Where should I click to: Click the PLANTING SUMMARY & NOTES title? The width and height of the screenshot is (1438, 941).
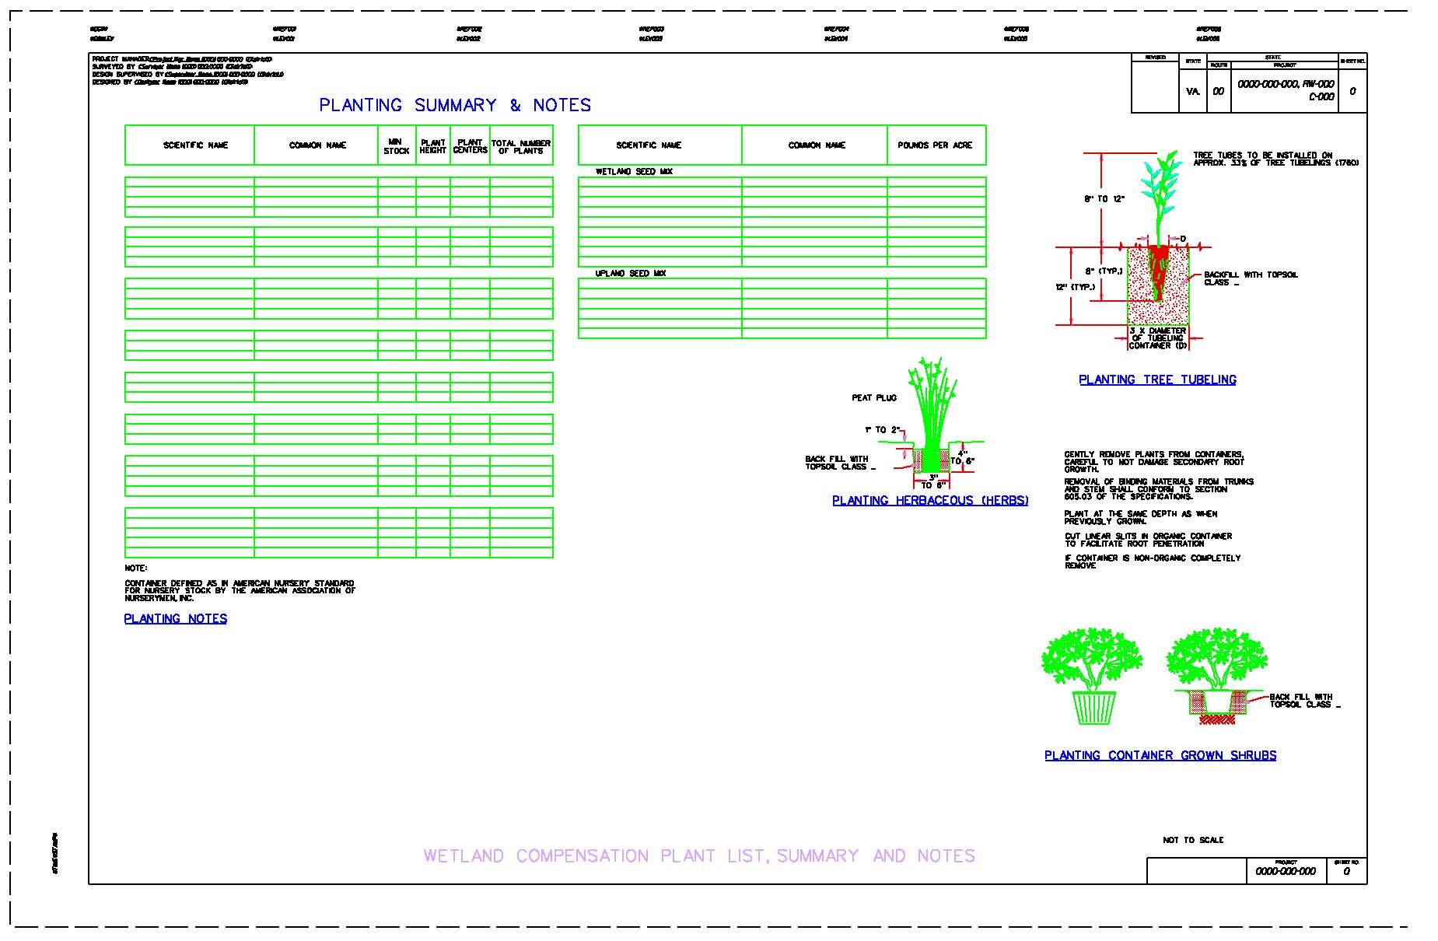(x=455, y=105)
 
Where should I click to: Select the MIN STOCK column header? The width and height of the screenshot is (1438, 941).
(x=396, y=146)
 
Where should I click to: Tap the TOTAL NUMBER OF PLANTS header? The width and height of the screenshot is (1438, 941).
(x=521, y=146)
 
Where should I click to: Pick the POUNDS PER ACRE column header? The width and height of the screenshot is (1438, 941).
(x=935, y=145)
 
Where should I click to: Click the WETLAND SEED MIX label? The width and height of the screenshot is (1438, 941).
(x=634, y=172)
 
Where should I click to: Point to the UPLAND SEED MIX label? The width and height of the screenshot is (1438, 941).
(x=630, y=274)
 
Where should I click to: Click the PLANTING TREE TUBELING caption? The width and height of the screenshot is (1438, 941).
(x=1157, y=380)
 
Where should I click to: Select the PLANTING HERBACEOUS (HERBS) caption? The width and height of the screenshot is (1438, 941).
(x=930, y=501)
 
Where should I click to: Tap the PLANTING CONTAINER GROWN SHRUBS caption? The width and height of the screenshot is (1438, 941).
(x=1160, y=755)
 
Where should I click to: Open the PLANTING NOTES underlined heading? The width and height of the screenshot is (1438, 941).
(x=176, y=619)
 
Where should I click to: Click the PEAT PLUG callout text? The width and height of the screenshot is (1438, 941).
(x=874, y=398)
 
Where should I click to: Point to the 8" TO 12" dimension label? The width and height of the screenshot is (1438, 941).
(x=1104, y=200)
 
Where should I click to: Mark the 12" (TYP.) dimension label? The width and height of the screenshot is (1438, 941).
(x=1075, y=288)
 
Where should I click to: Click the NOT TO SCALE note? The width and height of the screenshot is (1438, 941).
(x=1193, y=840)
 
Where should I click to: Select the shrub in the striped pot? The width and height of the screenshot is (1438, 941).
(x=1092, y=677)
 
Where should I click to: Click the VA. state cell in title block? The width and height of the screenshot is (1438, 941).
(x=1193, y=92)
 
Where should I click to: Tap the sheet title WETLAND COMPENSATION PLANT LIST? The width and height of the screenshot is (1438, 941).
(x=698, y=856)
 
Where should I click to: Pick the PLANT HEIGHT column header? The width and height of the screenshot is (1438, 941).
(x=433, y=146)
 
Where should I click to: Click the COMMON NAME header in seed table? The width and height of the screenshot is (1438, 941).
(x=817, y=145)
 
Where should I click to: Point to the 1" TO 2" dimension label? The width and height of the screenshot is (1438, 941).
(x=881, y=430)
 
